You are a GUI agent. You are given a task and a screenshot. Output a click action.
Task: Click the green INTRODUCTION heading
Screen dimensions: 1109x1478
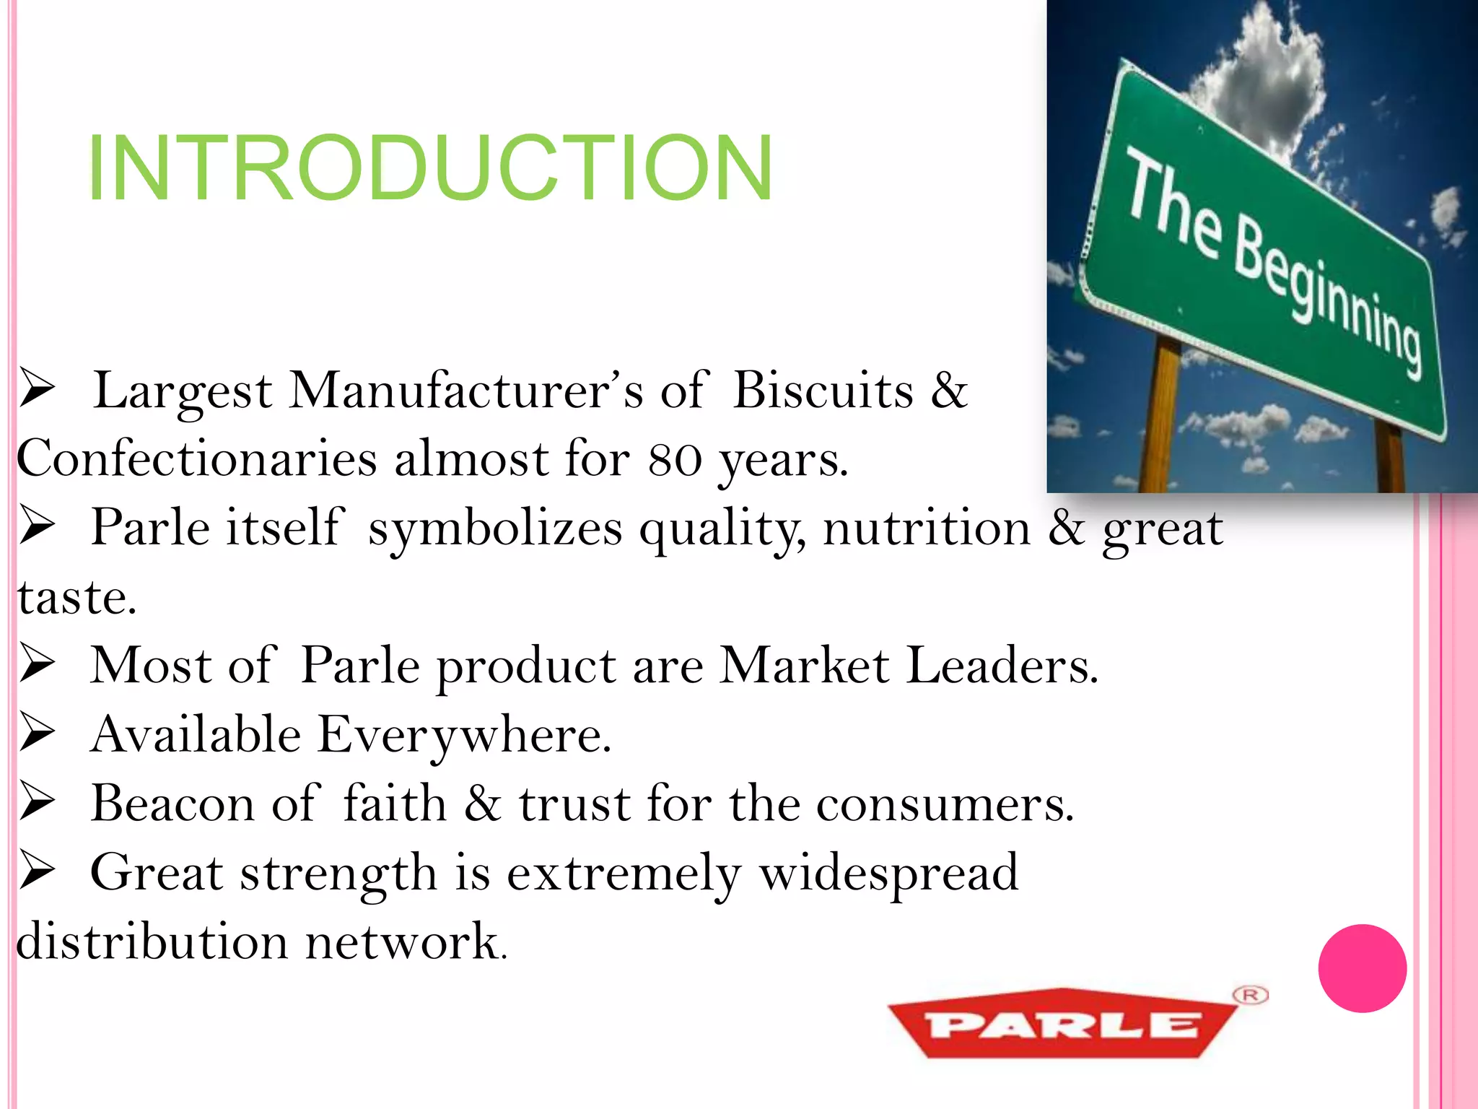[x=430, y=169]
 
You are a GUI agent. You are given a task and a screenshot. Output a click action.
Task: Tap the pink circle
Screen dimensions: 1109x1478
[x=1362, y=968]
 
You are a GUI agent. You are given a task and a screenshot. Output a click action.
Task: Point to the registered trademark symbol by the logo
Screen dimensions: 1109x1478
[x=1251, y=995]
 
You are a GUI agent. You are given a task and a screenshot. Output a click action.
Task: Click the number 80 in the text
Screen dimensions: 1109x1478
[x=675, y=461]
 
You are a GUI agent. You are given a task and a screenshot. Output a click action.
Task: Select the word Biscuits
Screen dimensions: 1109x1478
[x=823, y=391]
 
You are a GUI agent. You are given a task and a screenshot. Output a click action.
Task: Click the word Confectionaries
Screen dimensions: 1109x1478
[x=196, y=459]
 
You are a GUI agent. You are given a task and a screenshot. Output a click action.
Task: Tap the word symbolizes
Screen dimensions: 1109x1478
[x=495, y=529]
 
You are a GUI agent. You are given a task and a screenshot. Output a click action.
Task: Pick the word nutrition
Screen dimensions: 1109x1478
[x=927, y=529]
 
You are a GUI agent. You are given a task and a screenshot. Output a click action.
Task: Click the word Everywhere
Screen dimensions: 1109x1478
[x=464, y=735]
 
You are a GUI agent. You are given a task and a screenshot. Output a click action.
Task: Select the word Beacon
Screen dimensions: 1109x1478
[x=172, y=804]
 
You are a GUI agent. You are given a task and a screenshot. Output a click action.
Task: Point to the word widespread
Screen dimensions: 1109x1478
[x=888, y=873]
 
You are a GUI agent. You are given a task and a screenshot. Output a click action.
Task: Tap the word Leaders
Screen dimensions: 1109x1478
[x=1001, y=666]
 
